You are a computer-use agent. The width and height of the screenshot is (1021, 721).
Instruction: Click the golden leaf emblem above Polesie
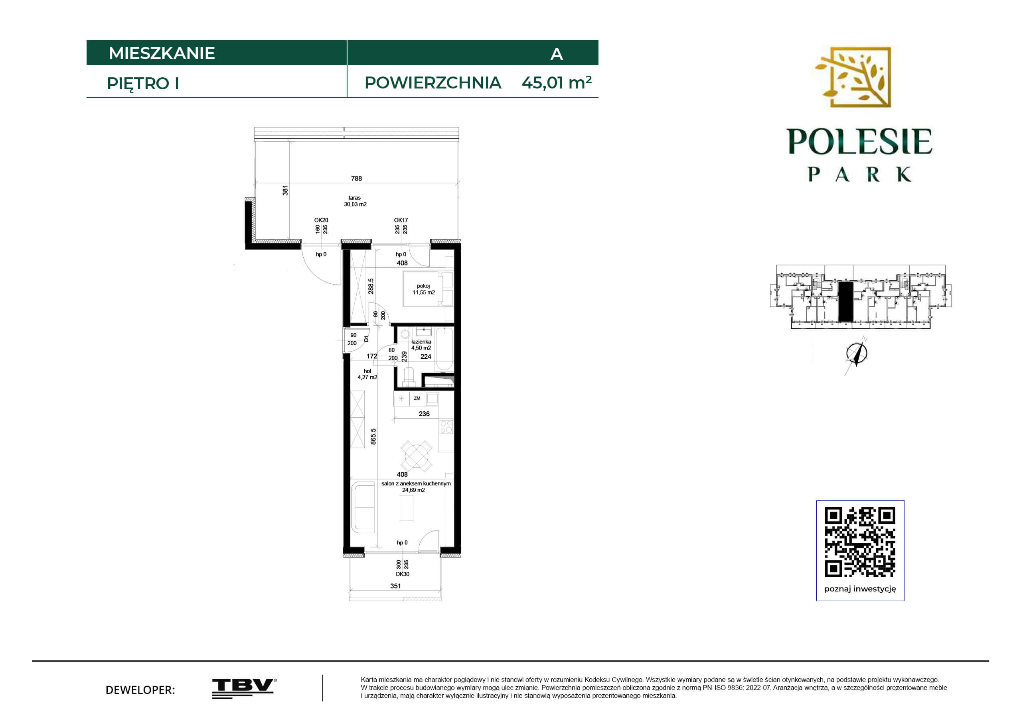click(x=853, y=77)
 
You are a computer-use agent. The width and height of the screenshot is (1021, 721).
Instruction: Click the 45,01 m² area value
click(x=556, y=83)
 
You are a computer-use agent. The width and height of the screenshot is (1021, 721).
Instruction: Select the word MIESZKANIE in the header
click(x=162, y=53)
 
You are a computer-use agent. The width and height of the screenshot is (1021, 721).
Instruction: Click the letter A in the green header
click(x=557, y=54)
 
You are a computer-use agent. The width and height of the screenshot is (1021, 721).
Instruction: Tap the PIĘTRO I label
click(x=143, y=84)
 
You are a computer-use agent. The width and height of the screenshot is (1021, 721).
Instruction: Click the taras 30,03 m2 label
click(x=355, y=201)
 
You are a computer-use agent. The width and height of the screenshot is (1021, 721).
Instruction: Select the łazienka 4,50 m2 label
click(x=421, y=345)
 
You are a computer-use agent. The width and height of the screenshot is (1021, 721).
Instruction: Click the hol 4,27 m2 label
click(x=367, y=374)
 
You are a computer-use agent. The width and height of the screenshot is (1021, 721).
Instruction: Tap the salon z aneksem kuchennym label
click(x=416, y=483)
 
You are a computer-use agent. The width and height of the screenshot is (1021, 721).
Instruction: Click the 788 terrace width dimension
click(x=357, y=179)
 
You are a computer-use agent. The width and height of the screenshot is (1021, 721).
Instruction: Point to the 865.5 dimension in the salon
click(x=373, y=436)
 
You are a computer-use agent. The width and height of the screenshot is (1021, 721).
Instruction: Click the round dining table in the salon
click(x=416, y=456)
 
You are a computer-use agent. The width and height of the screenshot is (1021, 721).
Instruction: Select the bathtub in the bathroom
click(x=444, y=349)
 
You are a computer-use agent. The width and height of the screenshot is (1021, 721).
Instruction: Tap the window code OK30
click(x=403, y=574)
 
